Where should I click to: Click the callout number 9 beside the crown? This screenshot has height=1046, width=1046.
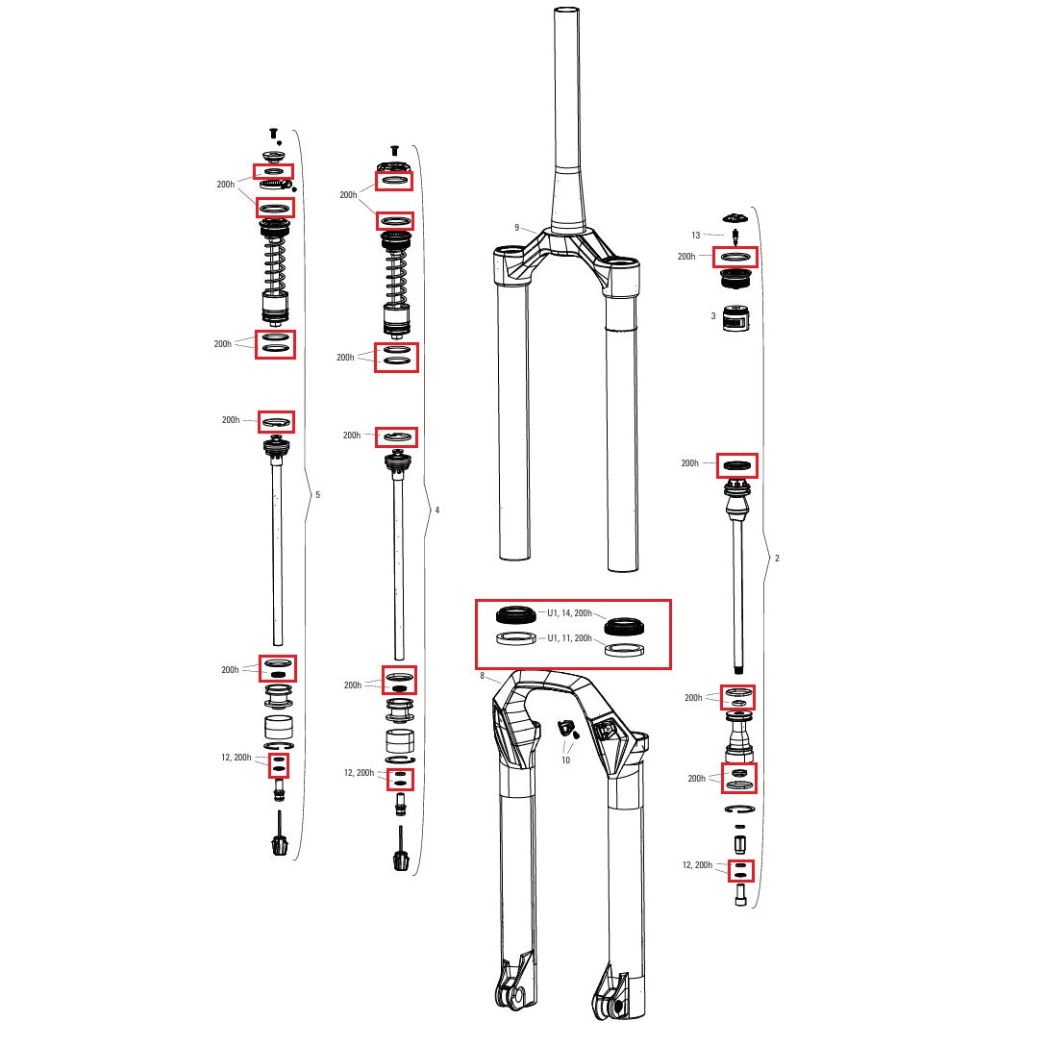pos(516,228)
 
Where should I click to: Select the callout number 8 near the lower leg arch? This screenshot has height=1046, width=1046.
pos(482,677)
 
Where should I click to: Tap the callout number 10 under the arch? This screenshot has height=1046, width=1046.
pos(565,760)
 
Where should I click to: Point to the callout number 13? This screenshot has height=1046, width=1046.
pos(696,235)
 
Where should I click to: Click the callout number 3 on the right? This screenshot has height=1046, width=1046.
pos(712,315)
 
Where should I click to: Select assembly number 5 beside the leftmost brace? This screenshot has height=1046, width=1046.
pos(318,495)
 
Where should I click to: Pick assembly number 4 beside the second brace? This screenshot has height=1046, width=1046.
pos(437,511)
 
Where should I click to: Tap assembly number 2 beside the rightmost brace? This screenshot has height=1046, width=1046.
pos(777,559)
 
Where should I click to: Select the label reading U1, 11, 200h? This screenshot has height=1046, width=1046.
pos(568,638)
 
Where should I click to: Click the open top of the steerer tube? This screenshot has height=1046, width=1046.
pos(567,12)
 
